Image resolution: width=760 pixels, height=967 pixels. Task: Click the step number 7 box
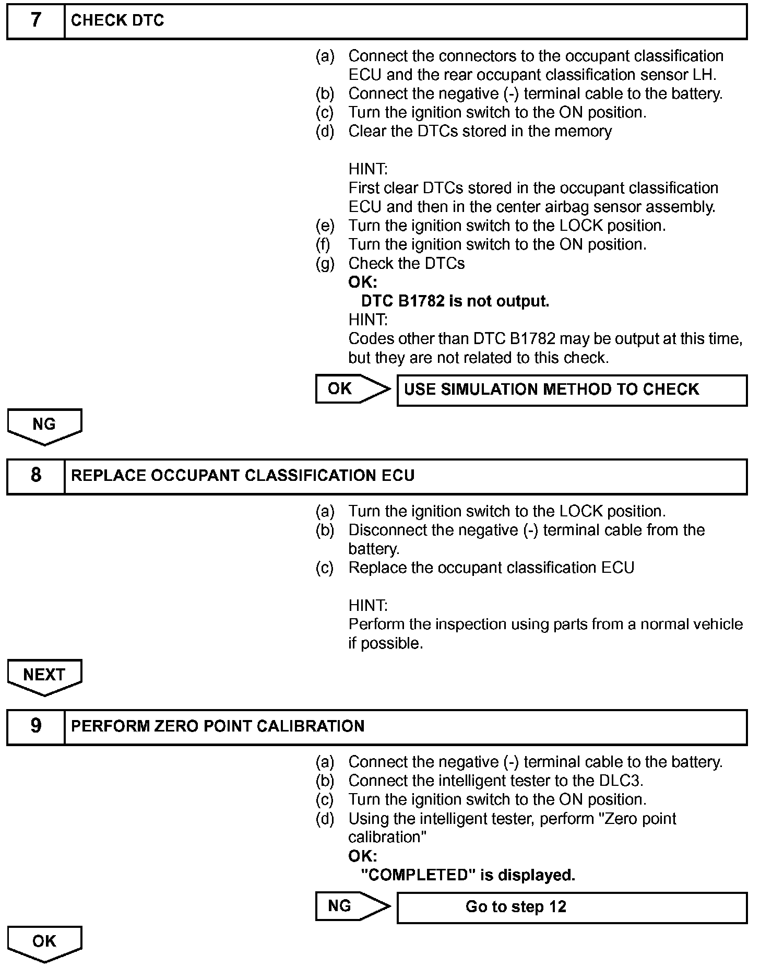coord(35,21)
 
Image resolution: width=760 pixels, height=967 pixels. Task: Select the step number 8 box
coord(35,476)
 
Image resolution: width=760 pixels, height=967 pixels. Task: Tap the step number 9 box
coord(35,726)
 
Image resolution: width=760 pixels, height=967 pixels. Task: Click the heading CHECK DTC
coord(117,21)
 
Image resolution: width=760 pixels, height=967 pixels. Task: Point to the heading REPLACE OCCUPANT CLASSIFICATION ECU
coord(243,476)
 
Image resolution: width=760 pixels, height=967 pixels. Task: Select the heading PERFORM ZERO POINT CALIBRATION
coord(218,726)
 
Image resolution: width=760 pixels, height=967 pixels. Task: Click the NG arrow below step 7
coord(44,426)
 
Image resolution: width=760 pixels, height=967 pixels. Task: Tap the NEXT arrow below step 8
coord(44,676)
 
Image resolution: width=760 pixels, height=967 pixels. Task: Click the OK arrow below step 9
coord(44,943)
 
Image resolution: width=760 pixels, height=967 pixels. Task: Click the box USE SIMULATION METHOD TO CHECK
coord(572,390)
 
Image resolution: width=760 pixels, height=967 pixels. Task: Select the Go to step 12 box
coord(572,907)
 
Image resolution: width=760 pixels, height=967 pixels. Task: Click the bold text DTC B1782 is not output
coord(455,301)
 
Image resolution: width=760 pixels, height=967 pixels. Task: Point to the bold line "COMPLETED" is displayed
coord(468,875)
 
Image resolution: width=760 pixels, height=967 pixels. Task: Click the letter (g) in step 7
coord(325,264)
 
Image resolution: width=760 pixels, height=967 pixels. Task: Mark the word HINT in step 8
coord(368,606)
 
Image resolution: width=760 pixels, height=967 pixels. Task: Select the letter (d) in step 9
coord(325,819)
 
